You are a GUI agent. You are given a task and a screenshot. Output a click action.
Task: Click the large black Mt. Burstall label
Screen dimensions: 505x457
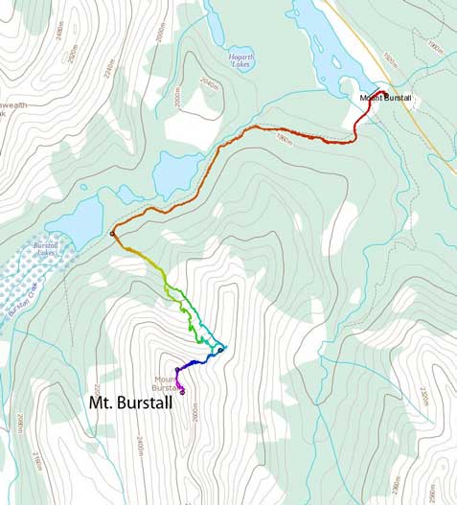tap(130, 403)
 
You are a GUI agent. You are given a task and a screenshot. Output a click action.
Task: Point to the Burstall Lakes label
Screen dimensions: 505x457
tap(45, 250)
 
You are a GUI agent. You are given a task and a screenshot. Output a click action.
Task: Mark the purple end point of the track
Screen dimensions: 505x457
tap(182, 391)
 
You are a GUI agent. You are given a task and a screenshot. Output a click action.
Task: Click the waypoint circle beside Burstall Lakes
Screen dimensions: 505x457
tap(112, 233)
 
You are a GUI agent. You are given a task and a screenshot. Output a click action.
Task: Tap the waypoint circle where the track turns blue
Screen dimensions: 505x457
tap(220, 350)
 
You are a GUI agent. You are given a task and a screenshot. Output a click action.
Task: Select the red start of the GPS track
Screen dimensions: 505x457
tap(380, 93)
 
